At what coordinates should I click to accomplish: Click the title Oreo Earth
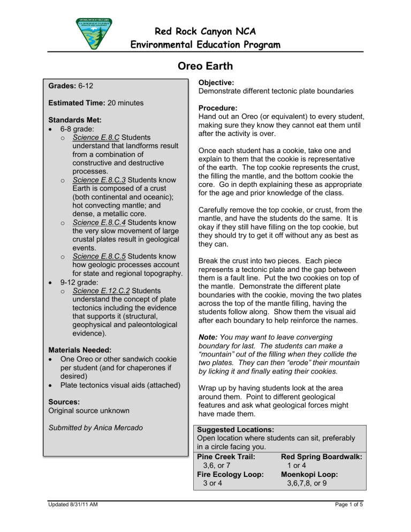coord(205,67)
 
